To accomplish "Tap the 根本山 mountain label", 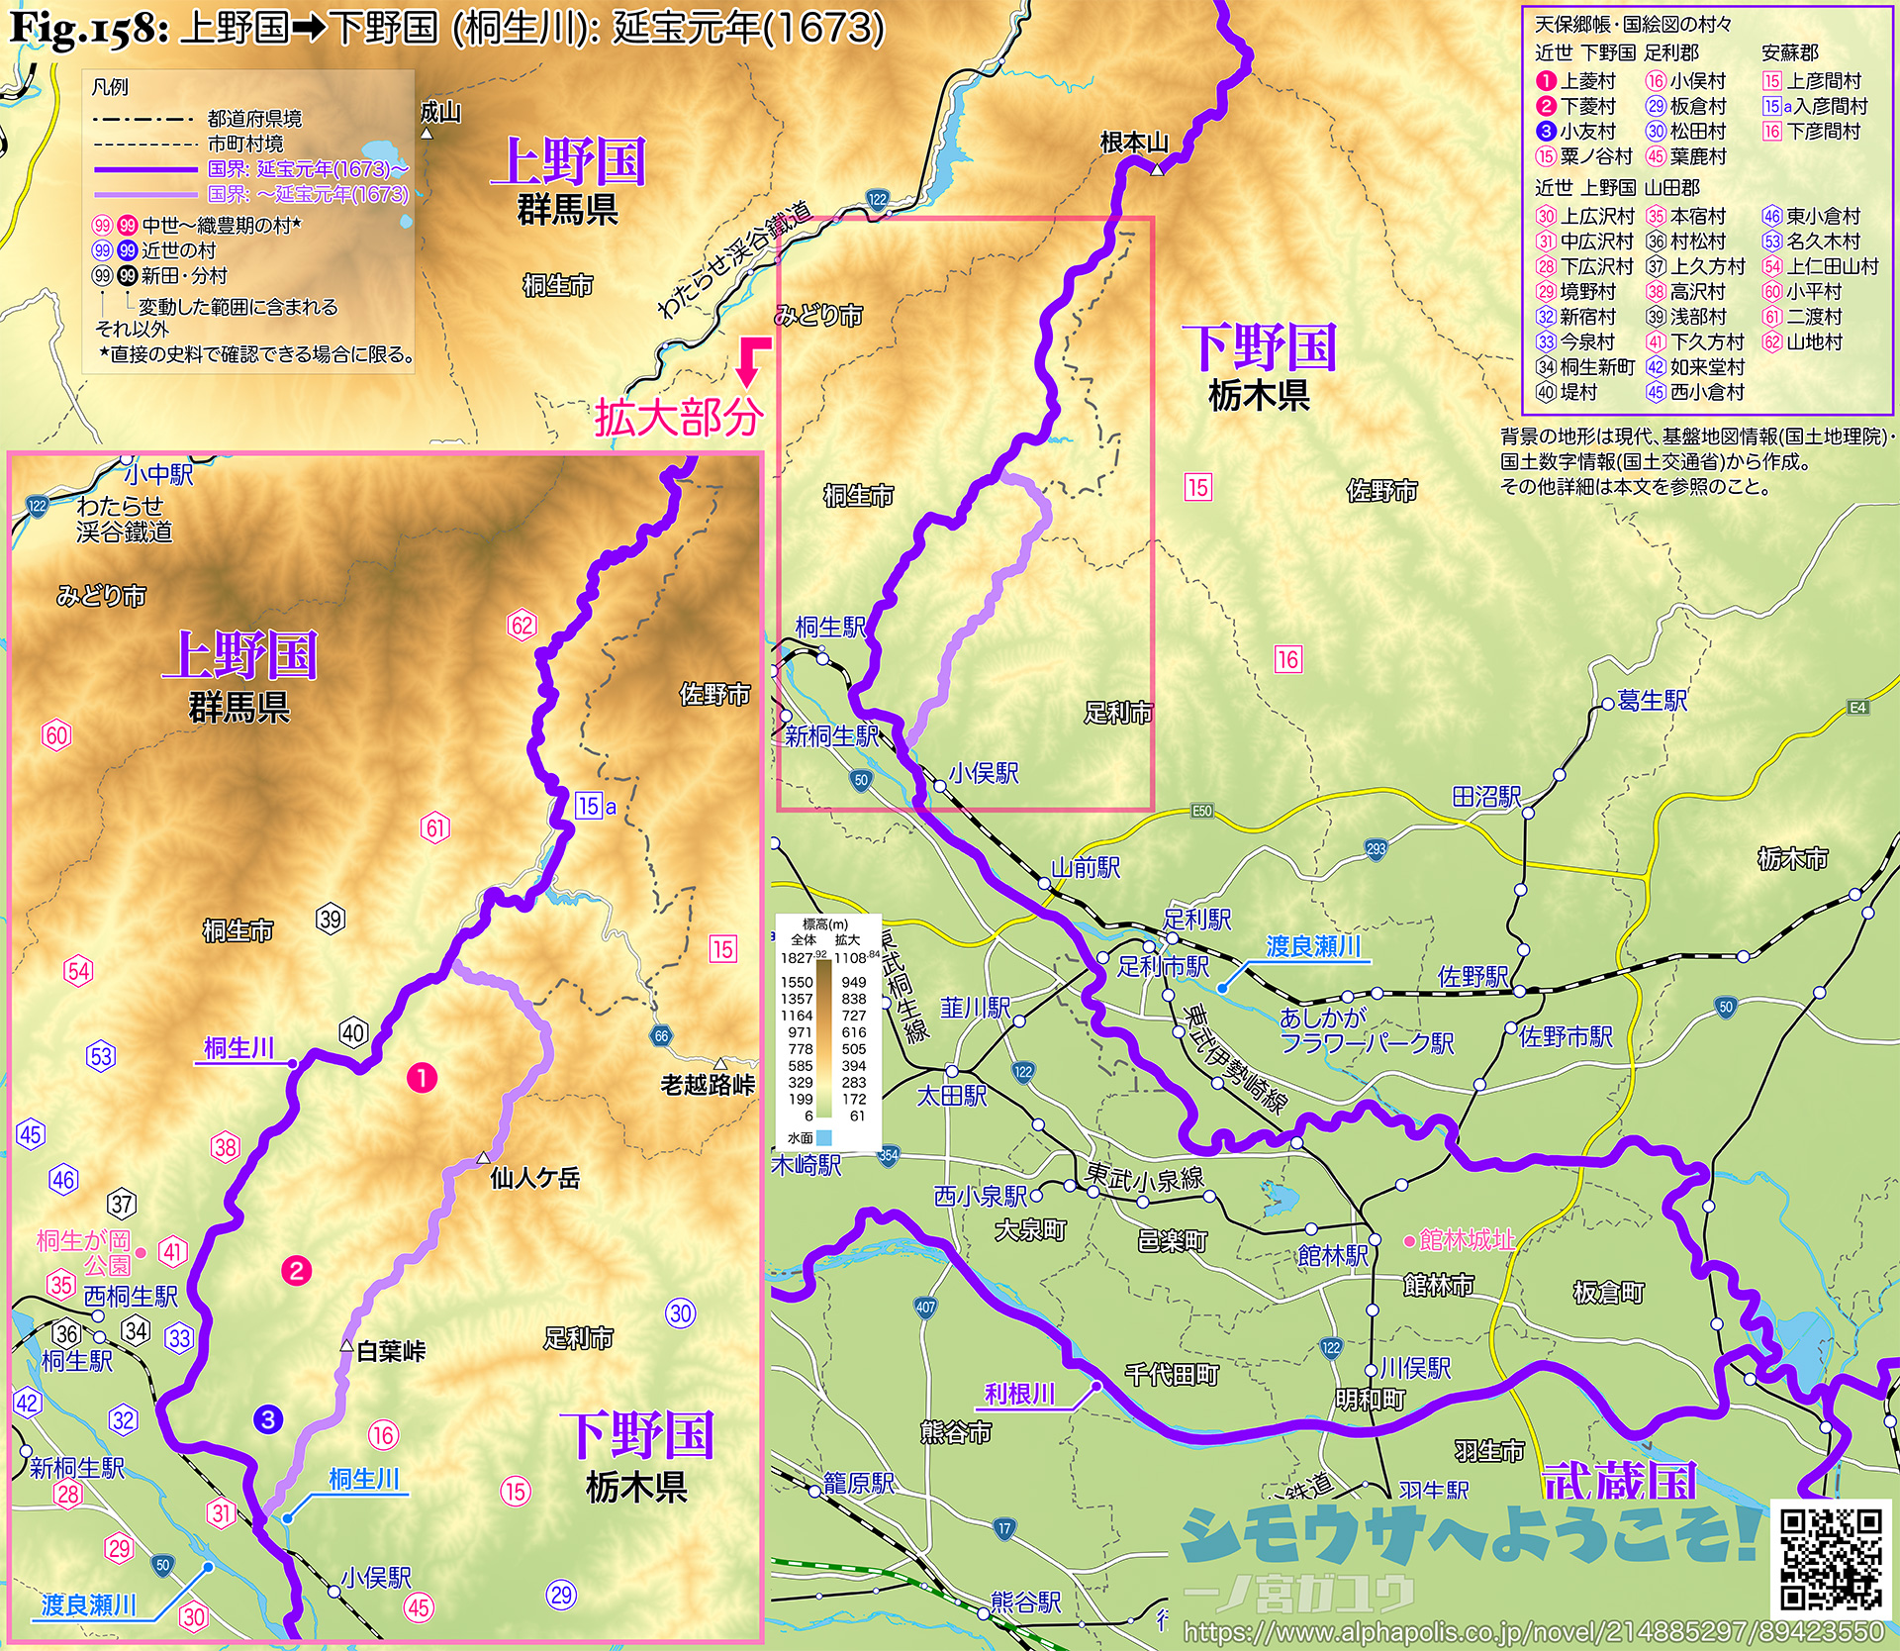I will click(x=1134, y=144).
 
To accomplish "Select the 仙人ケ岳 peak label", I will click(x=534, y=1178).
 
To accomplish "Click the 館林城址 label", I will click(x=1467, y=1239).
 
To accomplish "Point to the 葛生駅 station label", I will click(x=1652, y=701).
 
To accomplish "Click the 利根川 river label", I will click(x=1019, y=1394).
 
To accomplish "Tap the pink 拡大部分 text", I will click(x=679, y=418).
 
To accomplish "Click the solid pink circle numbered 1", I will click(x=423, y=1078).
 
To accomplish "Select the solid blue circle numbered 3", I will click(x=268, y=1419).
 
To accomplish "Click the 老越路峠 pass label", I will click(x=708, y=1085).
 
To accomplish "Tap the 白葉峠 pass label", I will click(x=391, y=1351).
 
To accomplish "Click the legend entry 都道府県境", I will click(x=254, y=119).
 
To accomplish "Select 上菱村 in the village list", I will click(x=1587, y=81).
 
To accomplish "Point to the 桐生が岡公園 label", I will click(x=84, y=1252).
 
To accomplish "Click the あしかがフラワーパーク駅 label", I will click(x=1366, y=1029).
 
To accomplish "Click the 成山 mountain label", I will click(x=440, y=112).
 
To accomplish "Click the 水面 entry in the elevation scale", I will click(x=802, y=1138).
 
